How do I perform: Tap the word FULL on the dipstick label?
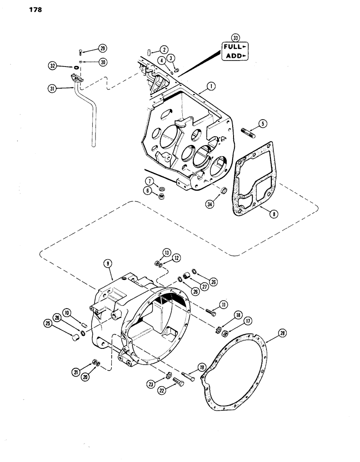[234, 47]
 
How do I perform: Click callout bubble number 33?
[236, 38]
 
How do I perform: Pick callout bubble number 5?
[262, 124]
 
